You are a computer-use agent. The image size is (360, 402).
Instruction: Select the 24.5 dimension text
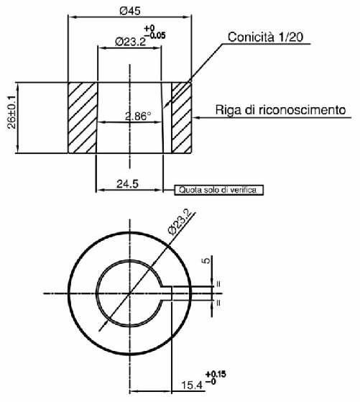(x=127, y=184)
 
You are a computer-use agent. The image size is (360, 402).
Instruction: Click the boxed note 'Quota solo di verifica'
(x=218, y=191)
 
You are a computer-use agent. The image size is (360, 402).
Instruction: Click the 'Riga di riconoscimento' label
(x=282, y=110)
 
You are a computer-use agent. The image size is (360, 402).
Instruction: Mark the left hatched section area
(x=82, y=117)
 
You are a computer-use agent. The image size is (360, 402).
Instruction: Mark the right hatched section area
(x=181, y=117)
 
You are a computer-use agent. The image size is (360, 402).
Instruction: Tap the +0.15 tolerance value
(x=215, y=375)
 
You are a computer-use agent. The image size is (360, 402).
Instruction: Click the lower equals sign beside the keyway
(x=218, y=303)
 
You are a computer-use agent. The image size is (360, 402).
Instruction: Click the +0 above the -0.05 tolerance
(x=151, y=27)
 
